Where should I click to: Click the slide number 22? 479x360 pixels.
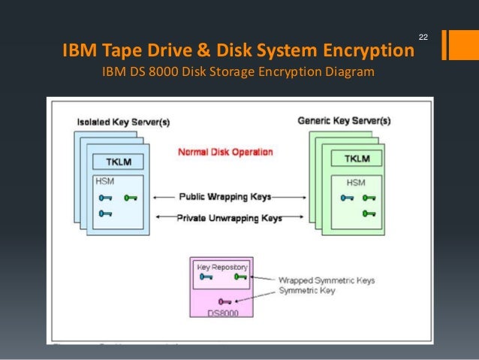tap(423, 37)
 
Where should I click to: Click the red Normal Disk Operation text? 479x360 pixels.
tap(224, 152)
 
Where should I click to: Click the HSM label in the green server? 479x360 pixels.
tap(355, 183)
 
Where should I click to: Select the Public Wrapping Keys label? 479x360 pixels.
tap(224, 197)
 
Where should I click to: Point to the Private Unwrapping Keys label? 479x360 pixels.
tap(229, 218)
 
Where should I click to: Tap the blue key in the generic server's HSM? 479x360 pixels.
tap(347, 198)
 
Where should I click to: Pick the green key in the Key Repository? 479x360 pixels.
tap(240, 277)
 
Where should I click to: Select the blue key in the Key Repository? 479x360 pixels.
tap(204, 277)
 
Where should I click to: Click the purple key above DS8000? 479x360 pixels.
tap(223, 301)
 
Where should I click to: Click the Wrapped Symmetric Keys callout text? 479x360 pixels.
tap(327, 280)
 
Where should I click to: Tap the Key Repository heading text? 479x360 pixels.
tap(221, 267)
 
